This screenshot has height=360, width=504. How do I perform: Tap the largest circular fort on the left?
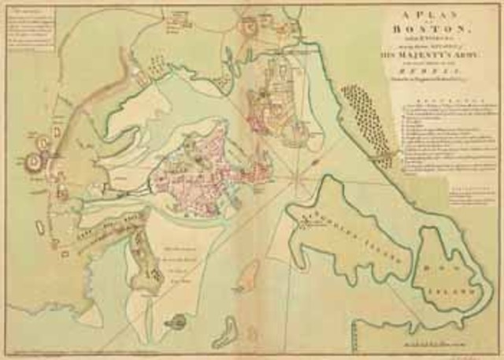(x=34, y=162)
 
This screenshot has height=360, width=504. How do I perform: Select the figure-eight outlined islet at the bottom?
(x=229, y=329)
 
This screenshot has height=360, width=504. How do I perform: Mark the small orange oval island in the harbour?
(x=250, y=276)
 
